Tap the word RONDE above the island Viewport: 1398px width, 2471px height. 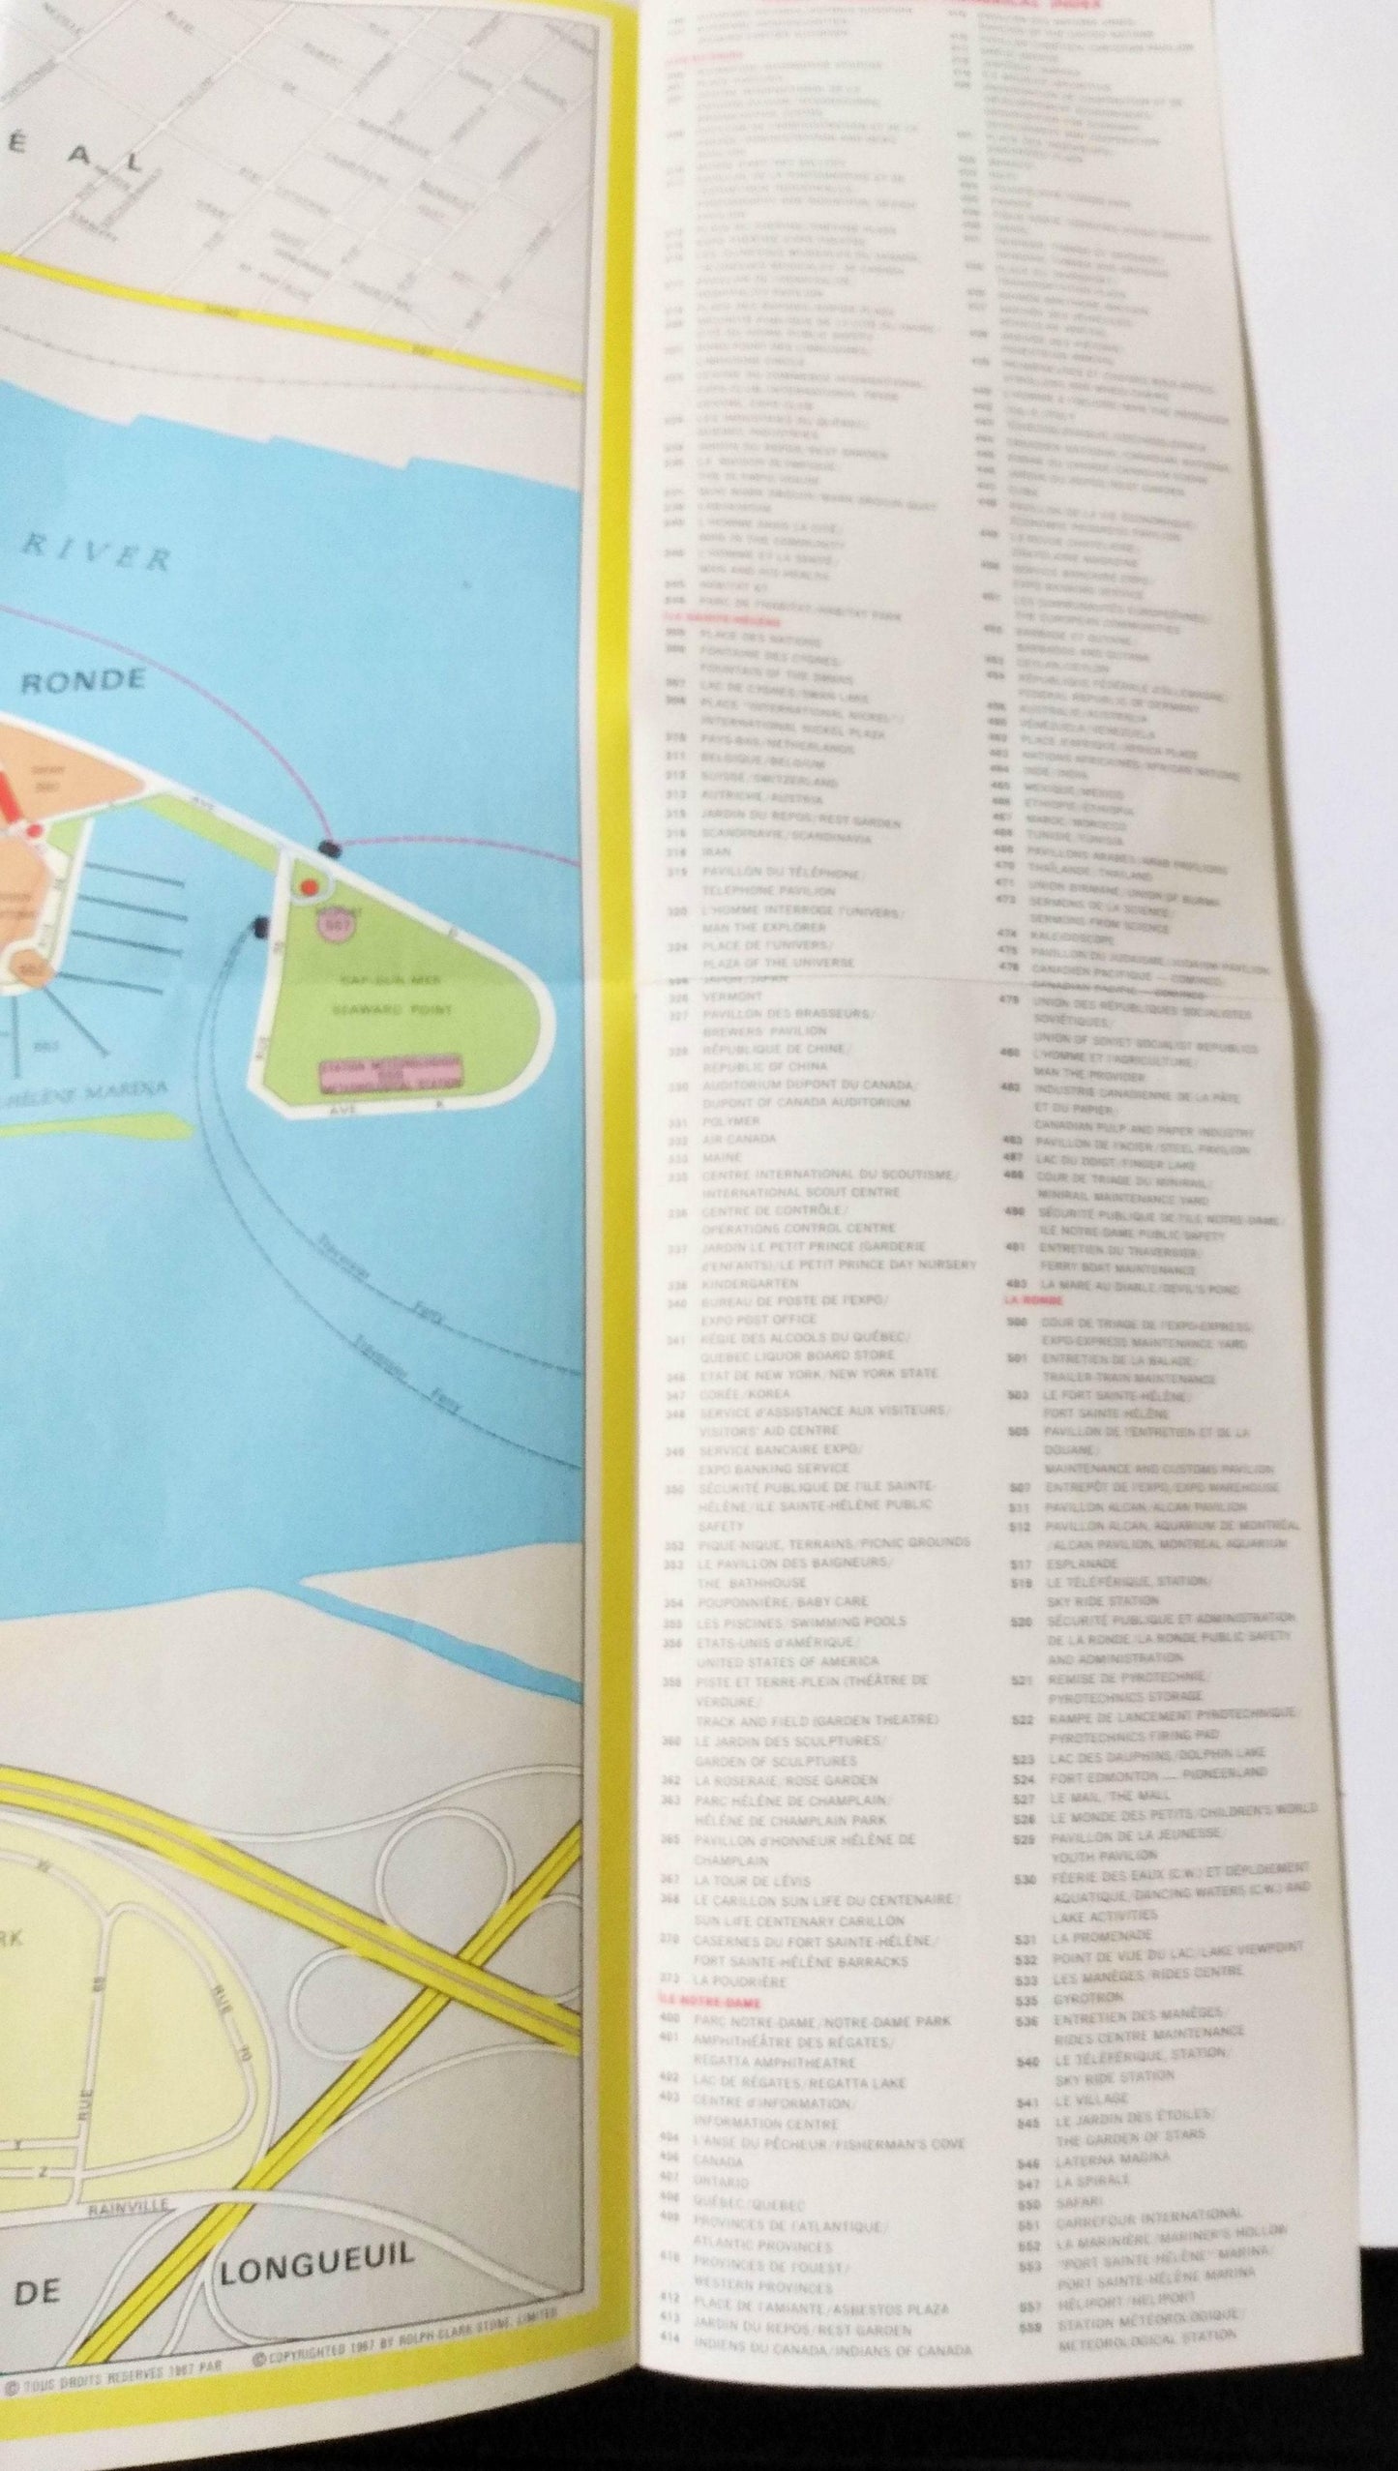(82, 681)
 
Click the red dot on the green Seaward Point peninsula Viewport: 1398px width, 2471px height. (310, 886)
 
